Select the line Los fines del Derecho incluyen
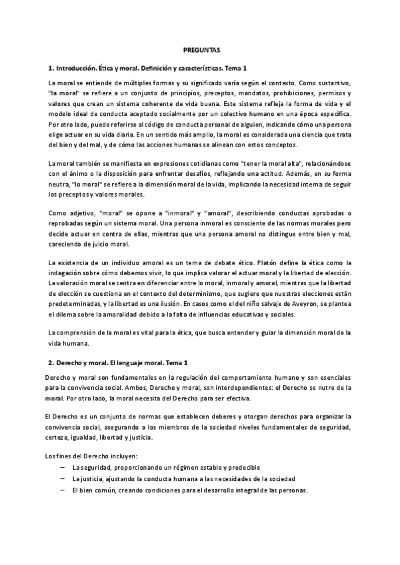93,456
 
